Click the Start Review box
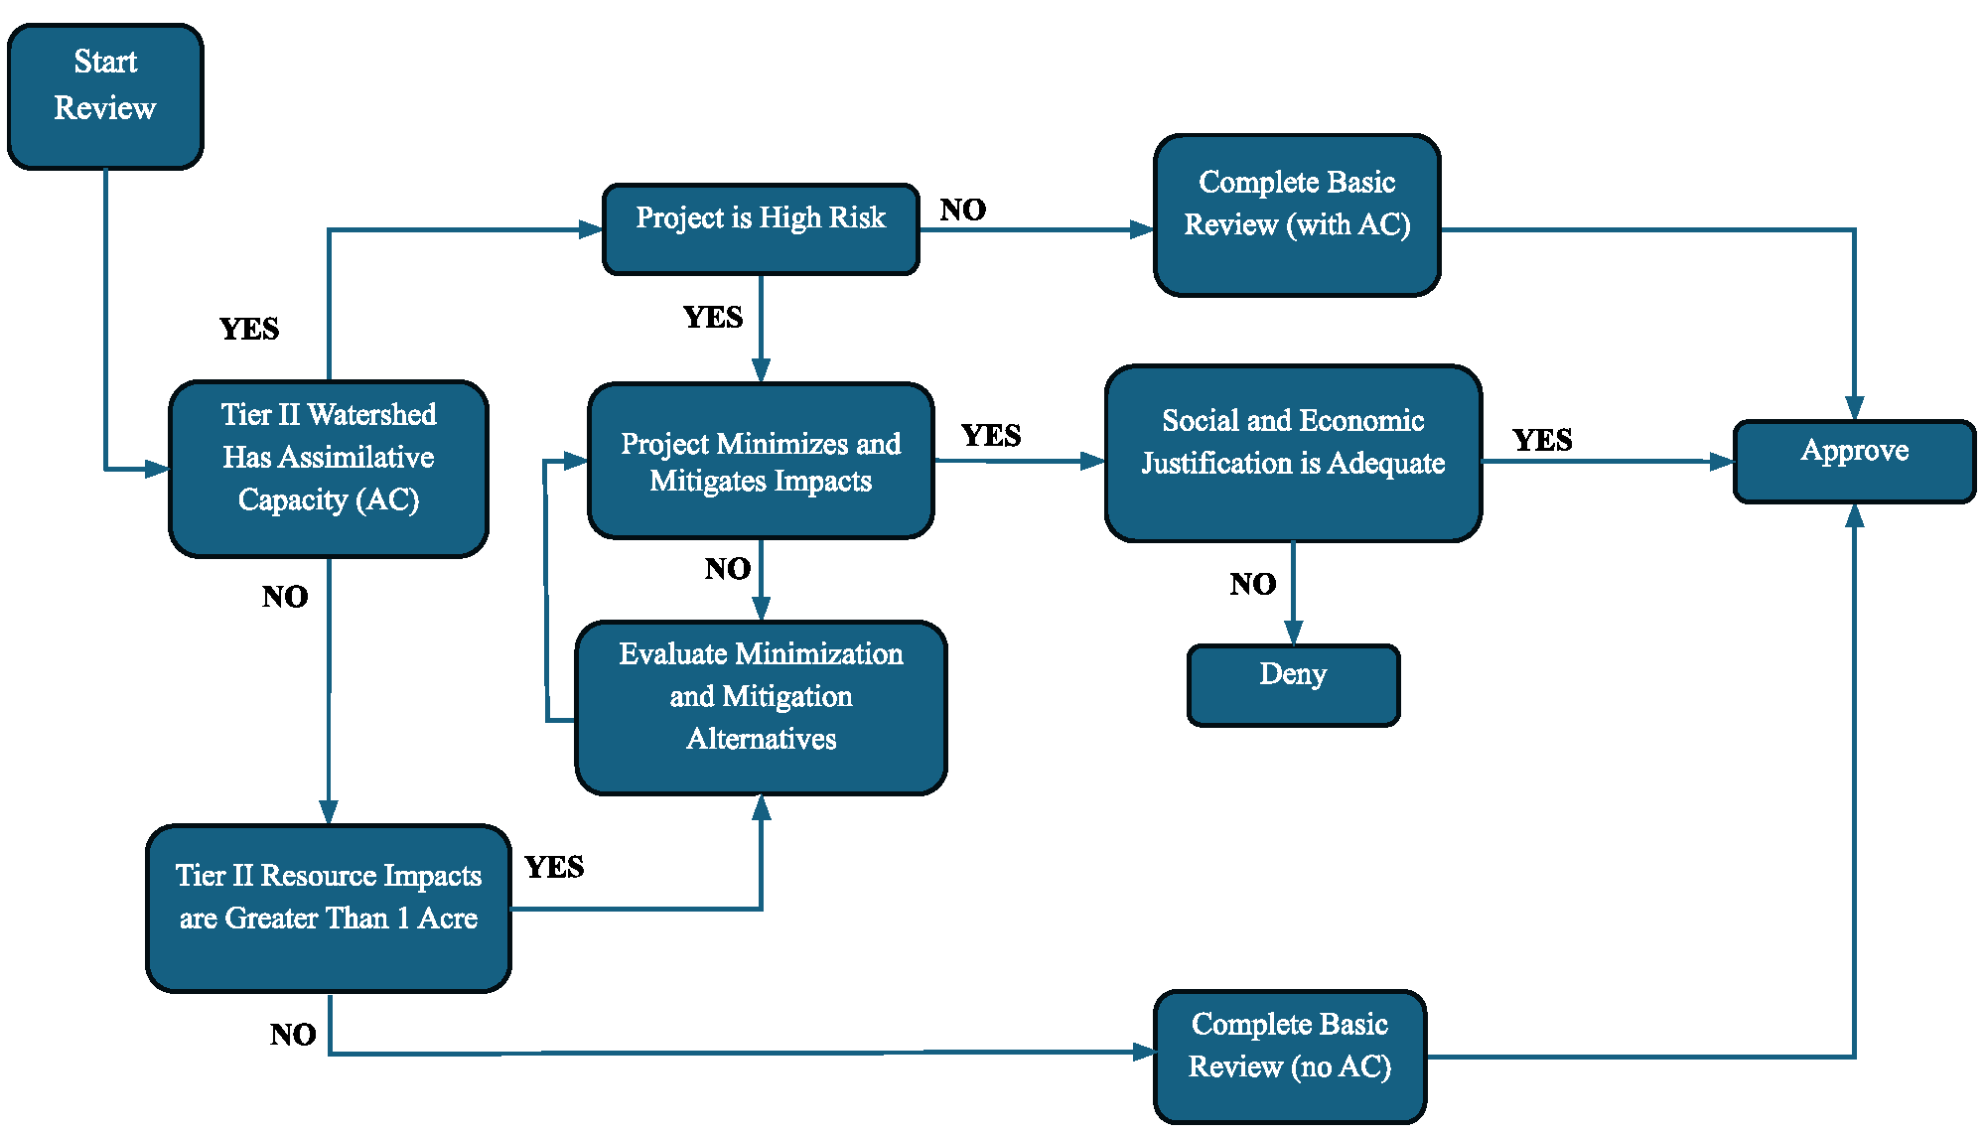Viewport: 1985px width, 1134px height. pyautogui.click(x=105, y=96)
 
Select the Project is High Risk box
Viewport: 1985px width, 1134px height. pyautogui.click(x=761, y=228)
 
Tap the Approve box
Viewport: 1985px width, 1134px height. pyautogui.click(x=1854, y=461)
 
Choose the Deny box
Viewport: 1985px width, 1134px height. pyautogui.click(x=1293, y=684)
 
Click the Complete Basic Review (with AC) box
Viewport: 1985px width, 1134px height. pyautogui.click(x=1297, y=214)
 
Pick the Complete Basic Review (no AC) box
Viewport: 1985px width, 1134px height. pyautogui.click(x=1290, y=1056)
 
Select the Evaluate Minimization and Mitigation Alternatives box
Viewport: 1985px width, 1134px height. pyautogui.click(x=761, y=707)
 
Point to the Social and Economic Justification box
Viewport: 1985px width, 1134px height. pyautogui.click(x=1293, y=453)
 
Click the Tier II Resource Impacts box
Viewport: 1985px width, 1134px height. pyautogui.click(x=329, y=908)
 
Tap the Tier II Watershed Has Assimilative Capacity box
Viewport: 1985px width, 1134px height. pyautogui.click(x=329, y=468)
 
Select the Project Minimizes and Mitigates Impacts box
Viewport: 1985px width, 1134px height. pyautogui.click(x=761, y=461)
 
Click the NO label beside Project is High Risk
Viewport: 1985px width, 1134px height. pyautogui.click(x=962, y=210)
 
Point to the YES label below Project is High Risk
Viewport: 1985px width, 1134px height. pyautogui.click(x=713, y=317)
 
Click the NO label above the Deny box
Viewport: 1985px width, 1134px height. pyautogui.click(x=1252, y=584)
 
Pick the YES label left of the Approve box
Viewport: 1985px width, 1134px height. pyautogui.click(x=1541, y=440)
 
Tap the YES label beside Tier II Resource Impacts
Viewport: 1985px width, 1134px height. pyautogui.click(x=554, y=867)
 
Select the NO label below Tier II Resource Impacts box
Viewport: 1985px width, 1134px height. pyautogui.click(x=293, y=1035)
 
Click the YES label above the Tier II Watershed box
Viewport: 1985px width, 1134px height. pyautogui.click(x=249, y=329)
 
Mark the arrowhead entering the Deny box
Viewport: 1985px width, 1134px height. pyautogui.click(x=1293, y=633)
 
